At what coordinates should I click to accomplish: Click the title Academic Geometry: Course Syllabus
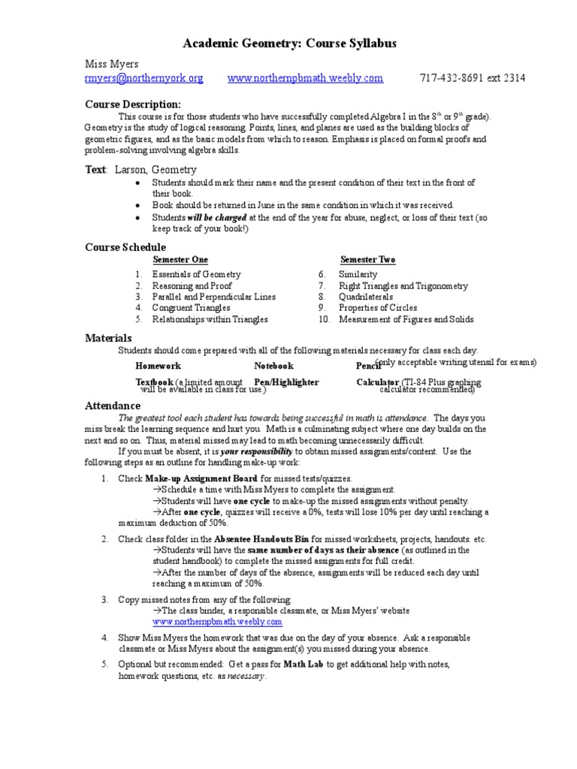point(290,44)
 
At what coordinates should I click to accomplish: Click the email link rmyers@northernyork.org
point(143,78)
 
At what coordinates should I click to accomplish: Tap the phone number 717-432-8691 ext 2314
point(472,78)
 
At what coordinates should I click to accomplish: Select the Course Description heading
point(132,104)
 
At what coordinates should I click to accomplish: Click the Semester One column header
point(180,260)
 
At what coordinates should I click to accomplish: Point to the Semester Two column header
point(367,260)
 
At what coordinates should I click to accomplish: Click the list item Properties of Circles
point(378,308)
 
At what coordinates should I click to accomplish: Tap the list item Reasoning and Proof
point(192,286)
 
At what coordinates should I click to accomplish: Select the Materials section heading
point(108,339)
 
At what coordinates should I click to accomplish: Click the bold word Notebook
point(273,366)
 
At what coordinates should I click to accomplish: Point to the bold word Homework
point(158,366)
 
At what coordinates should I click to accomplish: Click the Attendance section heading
point(113,406)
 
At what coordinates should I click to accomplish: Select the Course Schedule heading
point(125,247)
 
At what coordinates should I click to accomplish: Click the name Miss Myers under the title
point(111,65)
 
